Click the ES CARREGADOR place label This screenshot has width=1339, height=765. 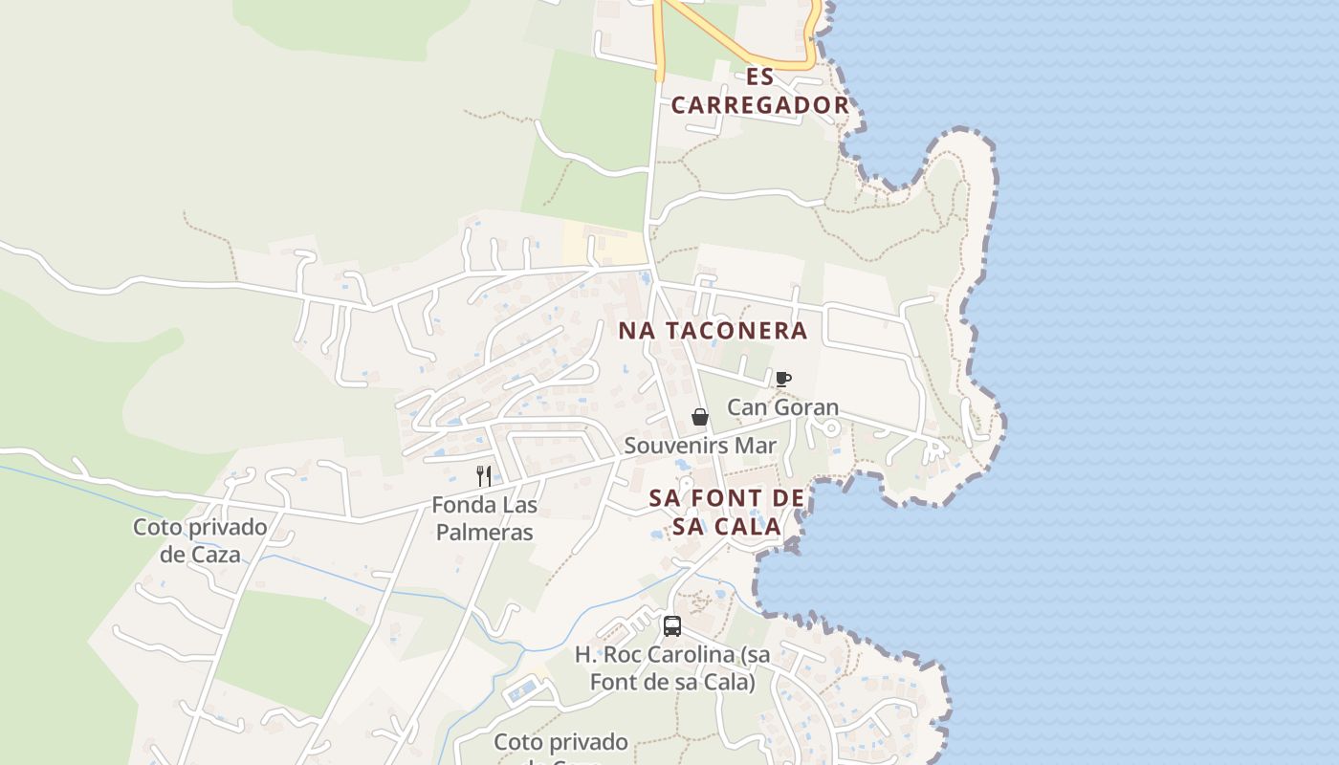point(760,91)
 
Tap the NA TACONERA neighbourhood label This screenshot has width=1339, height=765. point(713,331)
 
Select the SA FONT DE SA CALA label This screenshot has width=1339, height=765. point(727,512)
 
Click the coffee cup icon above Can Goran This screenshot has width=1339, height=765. point(782,380)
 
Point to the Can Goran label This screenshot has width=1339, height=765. point(782,407)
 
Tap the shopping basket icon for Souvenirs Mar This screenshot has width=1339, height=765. point(700,417)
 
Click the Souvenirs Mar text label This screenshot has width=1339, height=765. point(700,446)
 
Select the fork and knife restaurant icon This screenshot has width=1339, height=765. point(484,475)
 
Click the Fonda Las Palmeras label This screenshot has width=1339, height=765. point(484,518)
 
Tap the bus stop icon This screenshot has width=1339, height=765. point(672,626)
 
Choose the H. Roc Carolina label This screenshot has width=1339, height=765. point(672,668)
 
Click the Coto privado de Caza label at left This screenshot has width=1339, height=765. point(200,540)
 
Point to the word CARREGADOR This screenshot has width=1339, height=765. point(760,105)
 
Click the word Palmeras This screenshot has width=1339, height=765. point(484,532)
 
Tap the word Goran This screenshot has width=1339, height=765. point(809,407)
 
